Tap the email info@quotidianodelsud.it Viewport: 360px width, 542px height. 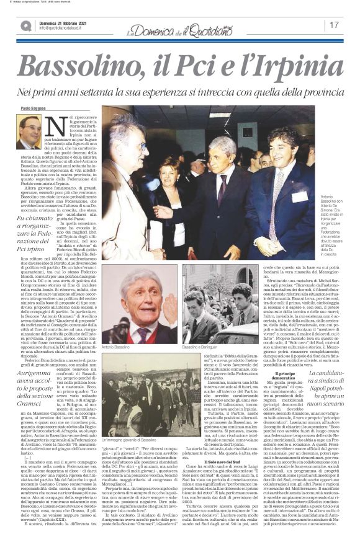pyautogui.click(x=63, y=28)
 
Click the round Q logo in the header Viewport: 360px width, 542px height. pyautogui.click(x=25, y=25)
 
